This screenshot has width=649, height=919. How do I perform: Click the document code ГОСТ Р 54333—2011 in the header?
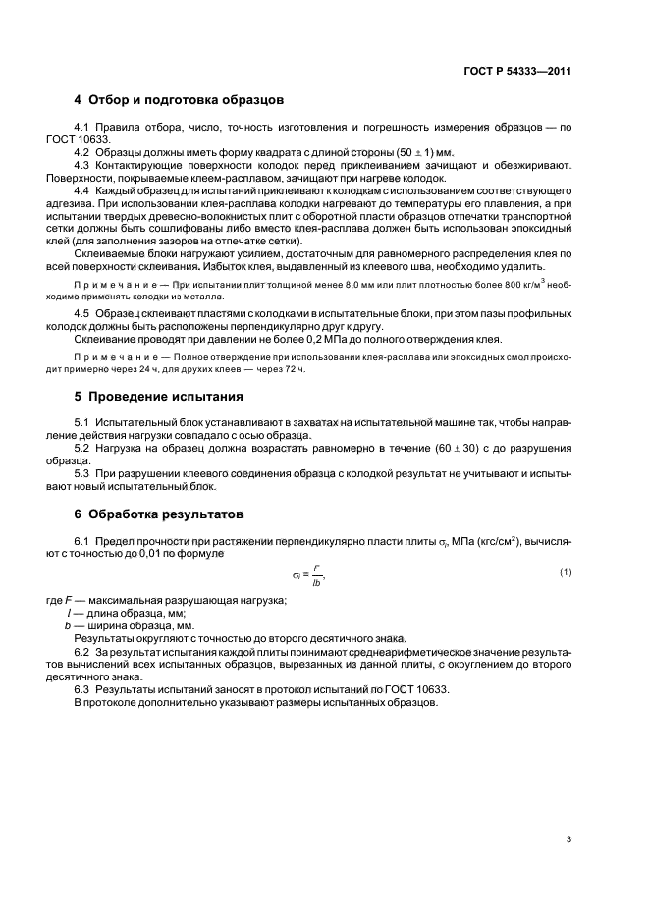517,71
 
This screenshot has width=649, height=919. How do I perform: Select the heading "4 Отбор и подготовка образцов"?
180,100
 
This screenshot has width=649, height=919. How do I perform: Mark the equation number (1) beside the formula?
566,571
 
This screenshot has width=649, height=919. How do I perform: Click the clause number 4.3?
82,166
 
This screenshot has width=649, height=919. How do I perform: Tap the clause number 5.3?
82,473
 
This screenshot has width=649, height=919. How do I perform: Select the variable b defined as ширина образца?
67,625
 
